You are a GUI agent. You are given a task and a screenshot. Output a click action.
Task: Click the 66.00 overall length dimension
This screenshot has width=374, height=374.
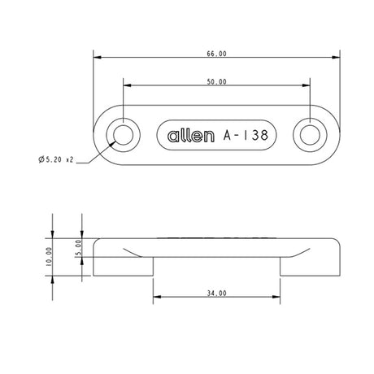pos(216,54)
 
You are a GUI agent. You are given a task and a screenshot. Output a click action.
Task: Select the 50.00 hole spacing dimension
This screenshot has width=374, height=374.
pos(216,82)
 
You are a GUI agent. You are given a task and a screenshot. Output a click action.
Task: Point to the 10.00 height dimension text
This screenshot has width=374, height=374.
pos(50,258)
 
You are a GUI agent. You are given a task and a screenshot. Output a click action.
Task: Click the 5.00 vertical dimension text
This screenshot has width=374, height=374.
pos(79,248)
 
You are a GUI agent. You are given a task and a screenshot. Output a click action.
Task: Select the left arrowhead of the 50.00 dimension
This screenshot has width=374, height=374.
pos(127,86)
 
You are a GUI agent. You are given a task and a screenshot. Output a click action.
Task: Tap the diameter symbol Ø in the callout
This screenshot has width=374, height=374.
pos(41,159)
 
